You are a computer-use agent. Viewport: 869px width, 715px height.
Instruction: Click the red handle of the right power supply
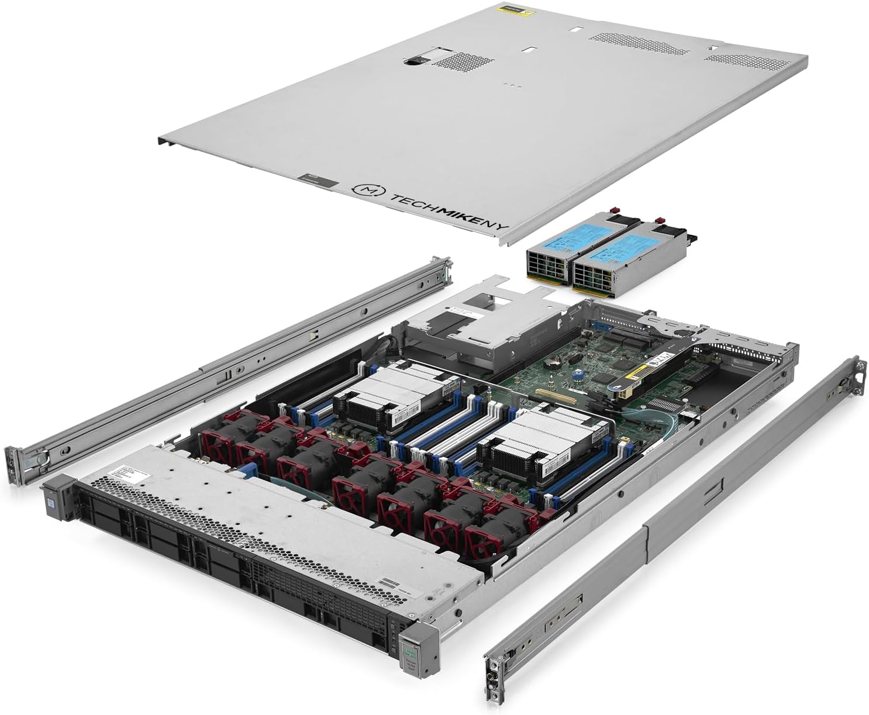[659, 220]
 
